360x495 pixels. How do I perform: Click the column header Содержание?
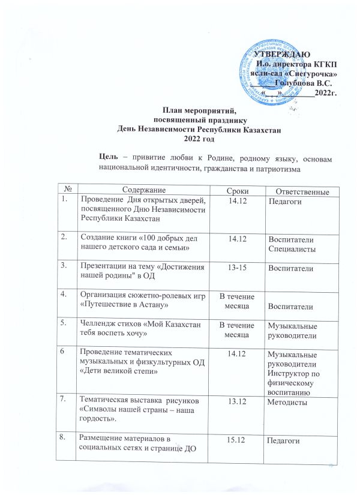click(x=139, y=190)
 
